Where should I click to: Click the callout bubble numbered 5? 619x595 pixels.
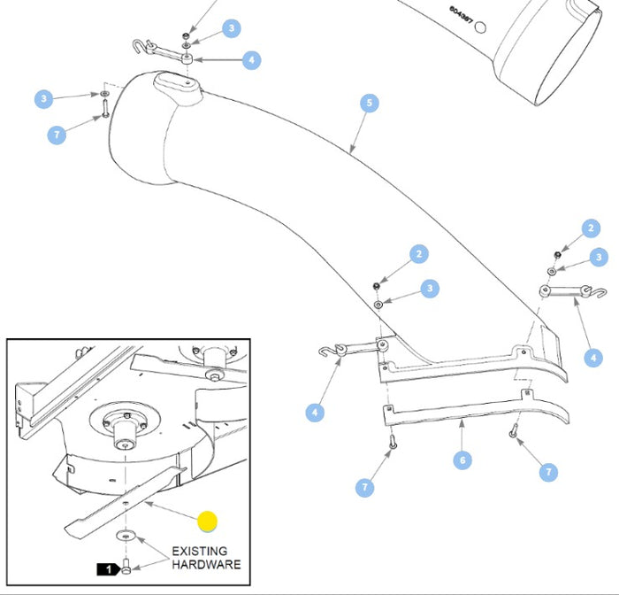[370, 104]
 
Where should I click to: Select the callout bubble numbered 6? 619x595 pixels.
[461, 460]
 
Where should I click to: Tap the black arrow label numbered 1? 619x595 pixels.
[108, 569]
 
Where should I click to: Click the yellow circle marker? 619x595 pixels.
[207, 522]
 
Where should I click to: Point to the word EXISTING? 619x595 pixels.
[199, 551]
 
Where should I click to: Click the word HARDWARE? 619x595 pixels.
[205, 564]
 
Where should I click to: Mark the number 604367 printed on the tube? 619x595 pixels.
[460, 16]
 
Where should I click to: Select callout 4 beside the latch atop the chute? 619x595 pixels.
[251, 60]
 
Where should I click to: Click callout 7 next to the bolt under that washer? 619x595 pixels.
[57, 135]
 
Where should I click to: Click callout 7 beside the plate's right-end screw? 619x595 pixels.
[548, 472]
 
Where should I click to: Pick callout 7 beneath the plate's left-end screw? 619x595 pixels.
[365, 486]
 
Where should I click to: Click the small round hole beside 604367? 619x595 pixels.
[481, 27]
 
